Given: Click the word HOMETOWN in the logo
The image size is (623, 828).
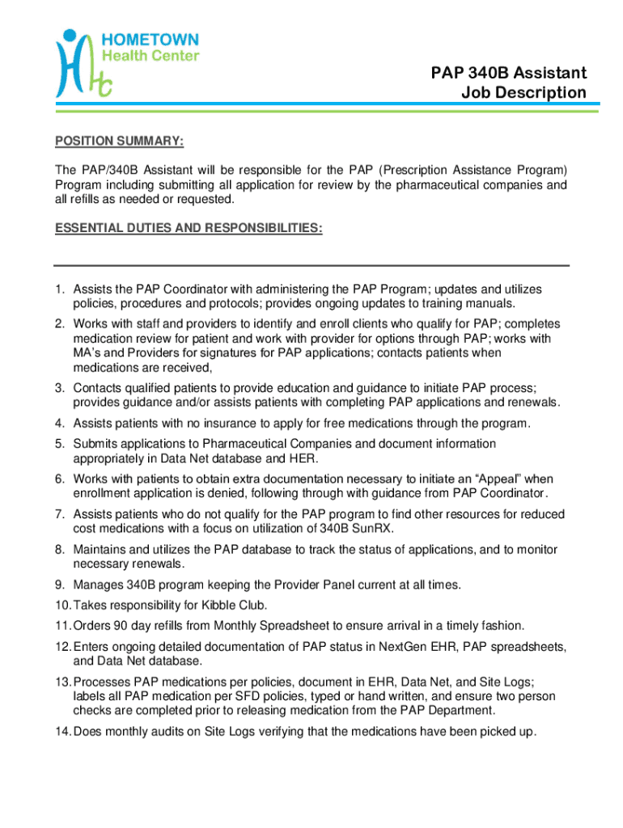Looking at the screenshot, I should click(150, 39).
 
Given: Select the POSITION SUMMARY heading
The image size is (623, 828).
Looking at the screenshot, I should click(120, 142).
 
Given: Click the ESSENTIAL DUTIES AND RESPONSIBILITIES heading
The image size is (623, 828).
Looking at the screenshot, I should click(189, 230).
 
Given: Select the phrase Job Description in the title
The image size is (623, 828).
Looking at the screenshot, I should click(523, 93).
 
